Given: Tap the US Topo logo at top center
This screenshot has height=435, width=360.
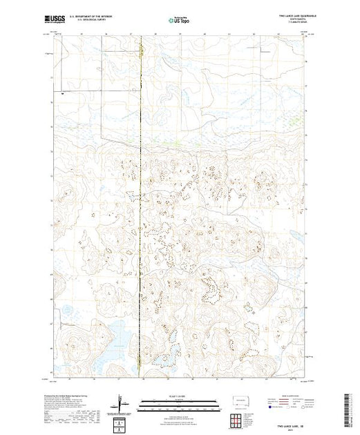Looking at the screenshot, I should pyautogui.click(x=180, y=21).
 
